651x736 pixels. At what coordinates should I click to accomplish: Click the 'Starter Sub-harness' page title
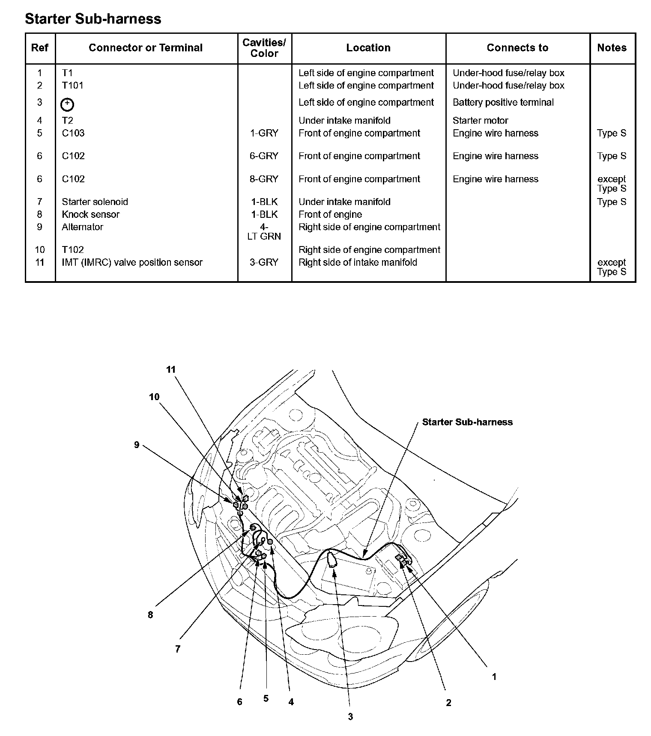point(93,19)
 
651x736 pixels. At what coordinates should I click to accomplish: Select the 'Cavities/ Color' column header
point(264,48)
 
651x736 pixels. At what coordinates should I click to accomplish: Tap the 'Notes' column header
point(612,48)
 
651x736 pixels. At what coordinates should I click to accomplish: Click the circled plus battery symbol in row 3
point(68,104)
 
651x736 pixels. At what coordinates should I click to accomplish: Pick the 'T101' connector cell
point(72,86)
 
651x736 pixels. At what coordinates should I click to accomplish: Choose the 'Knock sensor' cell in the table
point(90,214)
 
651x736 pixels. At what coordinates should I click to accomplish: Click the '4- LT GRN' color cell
point(264,231)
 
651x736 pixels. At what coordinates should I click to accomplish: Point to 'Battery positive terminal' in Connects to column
point(503,103)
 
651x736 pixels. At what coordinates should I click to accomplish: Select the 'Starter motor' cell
point(480,121)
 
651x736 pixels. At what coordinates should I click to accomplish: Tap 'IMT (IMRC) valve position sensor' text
point(132,262)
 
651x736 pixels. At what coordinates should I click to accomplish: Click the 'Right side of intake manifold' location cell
point(358,262)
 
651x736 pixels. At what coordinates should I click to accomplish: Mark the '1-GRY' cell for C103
point(264,133)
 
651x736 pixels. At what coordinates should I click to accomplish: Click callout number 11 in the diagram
point(171,370)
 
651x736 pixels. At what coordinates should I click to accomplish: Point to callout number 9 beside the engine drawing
point(137,445)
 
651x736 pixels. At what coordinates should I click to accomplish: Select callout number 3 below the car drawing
point(350,717)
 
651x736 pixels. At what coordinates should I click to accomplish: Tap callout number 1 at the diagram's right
point(494,677)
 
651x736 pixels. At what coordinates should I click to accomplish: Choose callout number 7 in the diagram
point(178,649)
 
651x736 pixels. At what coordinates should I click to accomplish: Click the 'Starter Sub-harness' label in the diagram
point(467,422)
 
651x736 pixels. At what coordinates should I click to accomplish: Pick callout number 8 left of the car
point(150,615)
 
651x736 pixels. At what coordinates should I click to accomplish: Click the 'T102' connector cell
point(72,250)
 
